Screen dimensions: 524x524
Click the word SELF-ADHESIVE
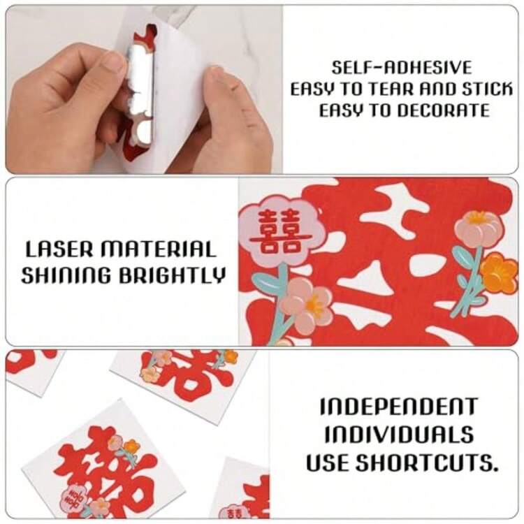pos(401,68)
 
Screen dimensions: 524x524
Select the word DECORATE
pos(444,110)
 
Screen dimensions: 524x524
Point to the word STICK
pos(486,89)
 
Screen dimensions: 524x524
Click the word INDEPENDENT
pos(398,407)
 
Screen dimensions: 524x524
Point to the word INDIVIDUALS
pos(399,435)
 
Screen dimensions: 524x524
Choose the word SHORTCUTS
pos(426,463)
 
